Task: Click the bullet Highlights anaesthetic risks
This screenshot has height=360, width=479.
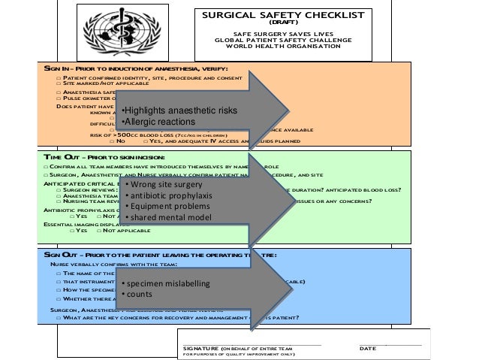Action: point(181,111)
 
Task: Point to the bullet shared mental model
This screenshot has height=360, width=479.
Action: point(170,218)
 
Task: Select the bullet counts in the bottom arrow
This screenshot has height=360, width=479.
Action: point(139,294)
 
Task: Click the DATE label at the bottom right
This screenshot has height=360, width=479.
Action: point(368,349)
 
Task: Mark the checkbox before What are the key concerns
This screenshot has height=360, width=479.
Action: point(59,317)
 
